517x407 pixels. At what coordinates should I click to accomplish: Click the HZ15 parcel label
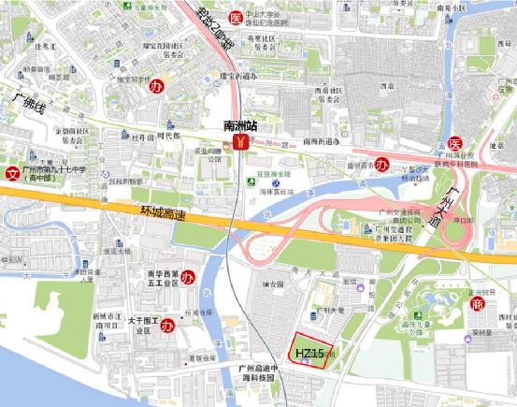click(x=309, y=354)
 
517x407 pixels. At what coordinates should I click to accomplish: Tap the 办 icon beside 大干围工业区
click(x=168, y=326)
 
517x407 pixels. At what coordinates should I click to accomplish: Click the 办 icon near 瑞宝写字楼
click(x=156, y=85)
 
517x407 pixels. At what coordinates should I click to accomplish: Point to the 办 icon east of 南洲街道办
click(x=382, y=164)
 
